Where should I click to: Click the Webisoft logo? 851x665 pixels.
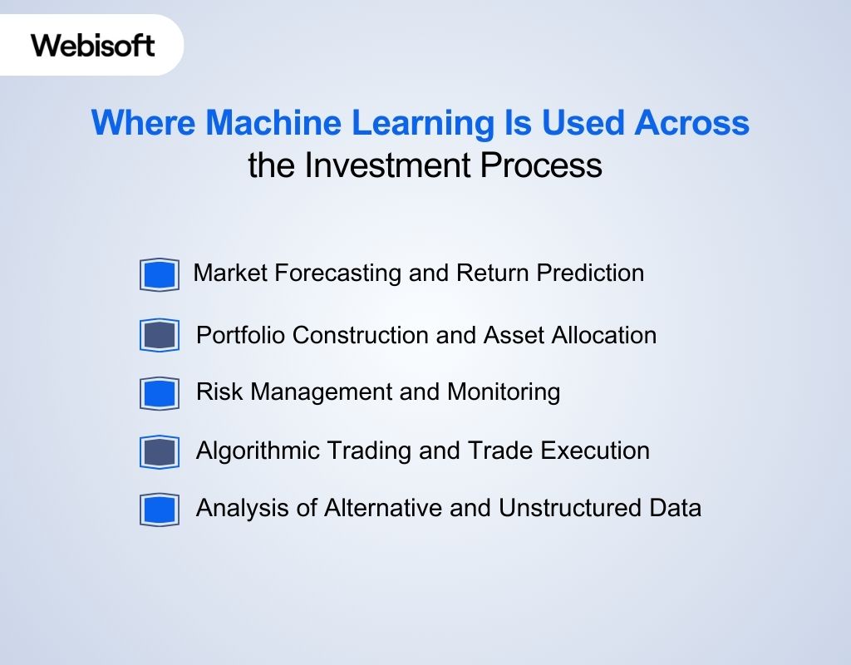pyautogui.click(x=93, y=45)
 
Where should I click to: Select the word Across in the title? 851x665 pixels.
pyautogui.click(x=691, y=124)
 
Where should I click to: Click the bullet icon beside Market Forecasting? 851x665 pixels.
pyautogui.click(x=160, y=274)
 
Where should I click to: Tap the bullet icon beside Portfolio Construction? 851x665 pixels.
pyautogui.click(x=160, y=336)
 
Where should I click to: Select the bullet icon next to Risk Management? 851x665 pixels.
pyautogui.click(x=160, y=393)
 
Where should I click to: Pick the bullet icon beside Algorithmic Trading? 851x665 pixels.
pyautogui.click(x=160, y=452)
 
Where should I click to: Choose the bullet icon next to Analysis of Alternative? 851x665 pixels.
pyautogui.click(x=160, y=510)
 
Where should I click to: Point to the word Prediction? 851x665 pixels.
pyautogui.click(x=589, y=273)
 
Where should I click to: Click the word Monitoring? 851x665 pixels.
pyautogui.click(x=504, y=392)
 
